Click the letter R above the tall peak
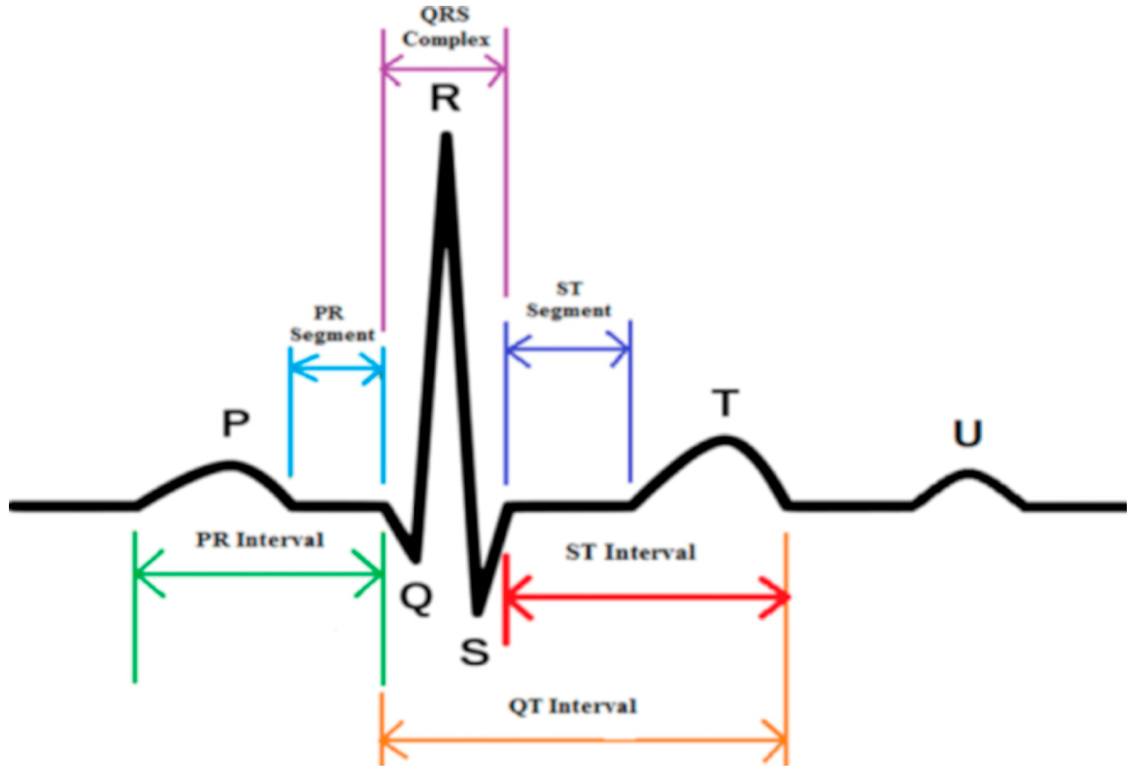click(446, 99)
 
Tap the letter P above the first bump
click(236, 423)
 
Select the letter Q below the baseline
click(416, 598)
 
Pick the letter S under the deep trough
click(474, 652)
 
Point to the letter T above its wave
click(725, 403)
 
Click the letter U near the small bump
click(967, 433)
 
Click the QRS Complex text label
click(446, 27)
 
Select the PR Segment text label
click(332, 324)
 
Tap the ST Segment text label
click(569, 300)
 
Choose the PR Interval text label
click(260, 540)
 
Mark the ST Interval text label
click(630, 552)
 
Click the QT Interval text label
click(572, 706)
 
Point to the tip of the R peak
click(447, 136)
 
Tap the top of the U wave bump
click(968, 474)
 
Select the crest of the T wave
click(724, 440)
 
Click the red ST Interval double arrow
click(647, 597)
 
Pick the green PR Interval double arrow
click(259, 573)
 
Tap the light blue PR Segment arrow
click(336, 369)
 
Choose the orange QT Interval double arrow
click(583, 741)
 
